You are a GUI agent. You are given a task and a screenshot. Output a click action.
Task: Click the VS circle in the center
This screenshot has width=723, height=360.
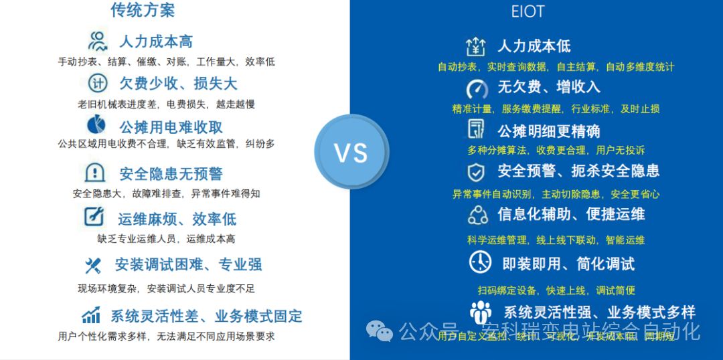pos(351,153)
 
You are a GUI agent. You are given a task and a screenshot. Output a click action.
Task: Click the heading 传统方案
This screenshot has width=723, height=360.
pos(143,10)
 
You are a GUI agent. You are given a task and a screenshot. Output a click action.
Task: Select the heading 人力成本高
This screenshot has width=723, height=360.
pos(156,41)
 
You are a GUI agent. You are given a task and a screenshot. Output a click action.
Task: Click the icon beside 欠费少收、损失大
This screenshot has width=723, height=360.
pos(98,84)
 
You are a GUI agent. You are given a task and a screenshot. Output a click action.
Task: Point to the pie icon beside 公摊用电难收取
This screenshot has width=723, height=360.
pos(96,125)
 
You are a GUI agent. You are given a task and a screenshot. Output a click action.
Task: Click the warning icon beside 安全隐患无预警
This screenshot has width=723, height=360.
pos(95,173)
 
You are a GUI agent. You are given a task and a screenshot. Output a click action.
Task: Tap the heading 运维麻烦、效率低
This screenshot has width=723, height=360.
pos(177,219)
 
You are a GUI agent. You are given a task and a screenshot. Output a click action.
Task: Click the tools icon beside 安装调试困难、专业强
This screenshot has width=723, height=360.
pos(92,266)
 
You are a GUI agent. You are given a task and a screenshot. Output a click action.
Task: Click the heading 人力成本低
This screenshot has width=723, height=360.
pos(534,46)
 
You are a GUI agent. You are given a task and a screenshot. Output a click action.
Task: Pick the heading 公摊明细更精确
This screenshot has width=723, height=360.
pos(548,130)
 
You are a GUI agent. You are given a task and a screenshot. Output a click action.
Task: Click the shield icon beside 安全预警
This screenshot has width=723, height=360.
pos(476,172)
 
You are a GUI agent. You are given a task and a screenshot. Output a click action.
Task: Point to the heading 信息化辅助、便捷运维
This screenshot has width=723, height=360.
pos(571,214)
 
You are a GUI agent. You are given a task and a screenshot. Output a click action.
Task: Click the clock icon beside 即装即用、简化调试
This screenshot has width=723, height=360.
pos(479,262)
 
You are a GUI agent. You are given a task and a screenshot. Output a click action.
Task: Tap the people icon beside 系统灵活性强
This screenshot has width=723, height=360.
pos(481,312)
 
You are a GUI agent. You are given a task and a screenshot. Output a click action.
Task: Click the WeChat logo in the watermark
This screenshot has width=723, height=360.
pos(380,331)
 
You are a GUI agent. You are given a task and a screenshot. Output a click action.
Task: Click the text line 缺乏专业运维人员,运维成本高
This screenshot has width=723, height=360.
pos(166,238)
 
